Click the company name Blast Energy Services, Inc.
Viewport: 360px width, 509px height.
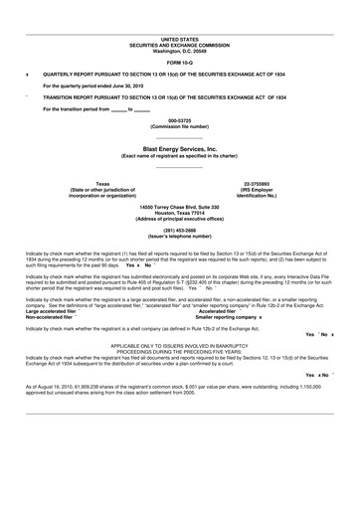tap(180, 147)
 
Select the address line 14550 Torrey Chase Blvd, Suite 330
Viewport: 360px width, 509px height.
tap(180, 206)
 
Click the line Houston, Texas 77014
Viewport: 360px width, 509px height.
tap(180, 212)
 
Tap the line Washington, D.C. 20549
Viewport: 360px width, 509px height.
tap(180, 23)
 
